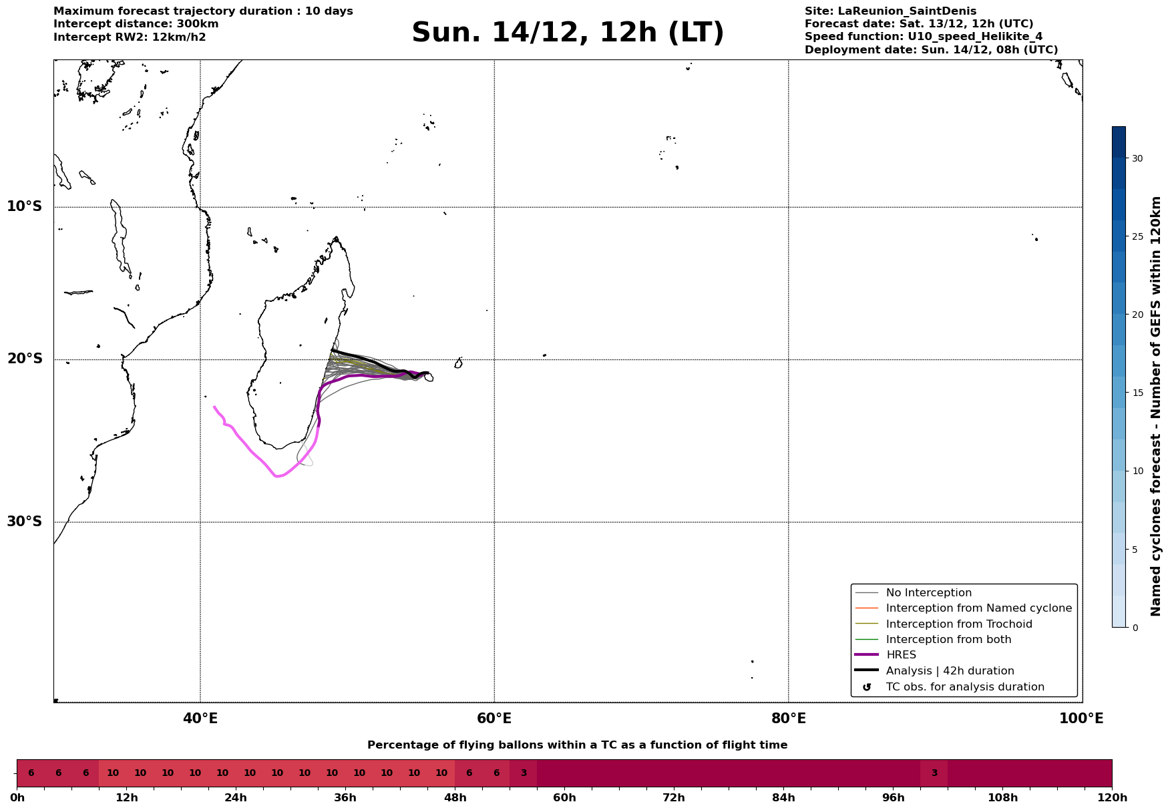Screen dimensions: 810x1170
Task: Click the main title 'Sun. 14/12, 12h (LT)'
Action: [568, 33]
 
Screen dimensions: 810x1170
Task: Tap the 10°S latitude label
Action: [25, 206]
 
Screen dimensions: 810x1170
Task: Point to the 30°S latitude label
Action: [25, 522]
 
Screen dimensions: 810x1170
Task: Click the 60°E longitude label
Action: [494, 719]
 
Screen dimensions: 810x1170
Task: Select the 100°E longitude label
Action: [1082, 719]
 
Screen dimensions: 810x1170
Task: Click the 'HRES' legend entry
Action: [901, 655]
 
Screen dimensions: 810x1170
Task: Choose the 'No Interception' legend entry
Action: [928, 593]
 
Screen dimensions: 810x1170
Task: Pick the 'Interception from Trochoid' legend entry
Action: [958, 624]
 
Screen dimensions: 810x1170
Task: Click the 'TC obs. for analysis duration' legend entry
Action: [964, 687]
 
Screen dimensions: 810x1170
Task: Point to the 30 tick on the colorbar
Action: [1137, 158]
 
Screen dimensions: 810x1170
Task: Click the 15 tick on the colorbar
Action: [1137, 393]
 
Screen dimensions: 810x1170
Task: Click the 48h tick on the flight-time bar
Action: [455, 797]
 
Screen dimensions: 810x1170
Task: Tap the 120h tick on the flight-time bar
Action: [1112, 797]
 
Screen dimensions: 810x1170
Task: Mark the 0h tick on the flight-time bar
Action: [17, 797]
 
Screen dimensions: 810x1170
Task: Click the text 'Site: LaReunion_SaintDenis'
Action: [890, 11]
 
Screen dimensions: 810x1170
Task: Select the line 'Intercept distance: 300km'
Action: [136, 24]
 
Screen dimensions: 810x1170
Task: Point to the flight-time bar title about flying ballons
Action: [577, 745]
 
